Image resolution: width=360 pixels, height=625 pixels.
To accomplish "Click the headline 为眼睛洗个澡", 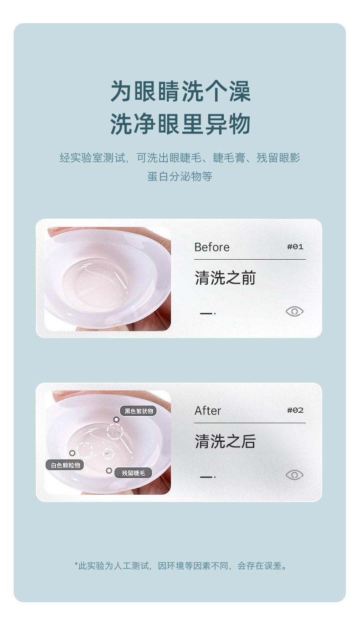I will click(x=180, y=92).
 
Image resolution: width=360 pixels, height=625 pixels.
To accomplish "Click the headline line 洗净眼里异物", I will click(x=180, y=124).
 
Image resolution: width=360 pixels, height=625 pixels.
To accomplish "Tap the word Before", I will click(x=212, y=247).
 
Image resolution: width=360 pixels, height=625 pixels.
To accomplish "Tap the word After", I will click(x=208, y=411).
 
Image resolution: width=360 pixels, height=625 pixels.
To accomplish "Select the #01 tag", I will click(x=295, y=247).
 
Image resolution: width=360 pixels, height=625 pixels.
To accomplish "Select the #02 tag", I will click(x=295, y=410).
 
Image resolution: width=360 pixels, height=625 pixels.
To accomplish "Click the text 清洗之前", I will click(x=225, y=278).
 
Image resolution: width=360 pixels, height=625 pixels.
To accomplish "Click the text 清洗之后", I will click(x=225, y=441).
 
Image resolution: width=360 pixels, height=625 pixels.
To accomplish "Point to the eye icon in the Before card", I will click(x=294, y=312).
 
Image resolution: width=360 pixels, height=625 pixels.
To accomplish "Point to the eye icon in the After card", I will click(x=294, y=475).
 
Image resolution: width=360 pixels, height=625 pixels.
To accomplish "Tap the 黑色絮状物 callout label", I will click(x=139, y=411).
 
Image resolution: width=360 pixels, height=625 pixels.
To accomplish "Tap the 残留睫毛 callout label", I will click(x=133, y=473).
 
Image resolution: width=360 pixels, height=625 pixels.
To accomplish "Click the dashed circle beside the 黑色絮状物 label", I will click(x=115, y=431).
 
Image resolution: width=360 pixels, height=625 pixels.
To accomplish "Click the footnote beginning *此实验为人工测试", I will click(x=180, y=566).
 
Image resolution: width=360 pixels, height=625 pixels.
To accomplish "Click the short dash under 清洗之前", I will click(x=207, y=313).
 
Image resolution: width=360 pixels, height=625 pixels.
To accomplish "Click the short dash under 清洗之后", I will click(x=207, y=477).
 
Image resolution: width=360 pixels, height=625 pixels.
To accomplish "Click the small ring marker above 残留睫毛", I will click(x=109, y=471).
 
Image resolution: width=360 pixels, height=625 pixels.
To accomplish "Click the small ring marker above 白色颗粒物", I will click(x=72, y=453).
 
